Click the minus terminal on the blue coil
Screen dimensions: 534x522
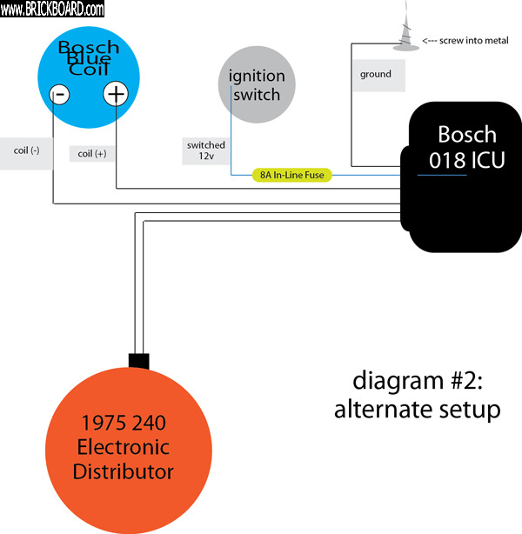[x=59, y=95]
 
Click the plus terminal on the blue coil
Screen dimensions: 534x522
[x=116, y=94]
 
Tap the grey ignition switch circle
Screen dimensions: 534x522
[x=257, y=84]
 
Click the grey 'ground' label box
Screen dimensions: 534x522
[x=375, y=75]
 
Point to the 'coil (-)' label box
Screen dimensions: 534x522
[x=26, y=150]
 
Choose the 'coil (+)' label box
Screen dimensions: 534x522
[x=91, y=154]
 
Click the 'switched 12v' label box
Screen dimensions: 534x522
[x=205, y=150]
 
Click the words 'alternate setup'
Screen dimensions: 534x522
[x=418, y=409]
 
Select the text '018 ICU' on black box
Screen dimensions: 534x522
[x=467, y=161]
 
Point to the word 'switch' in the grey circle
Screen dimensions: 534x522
[x=257, y=95]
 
